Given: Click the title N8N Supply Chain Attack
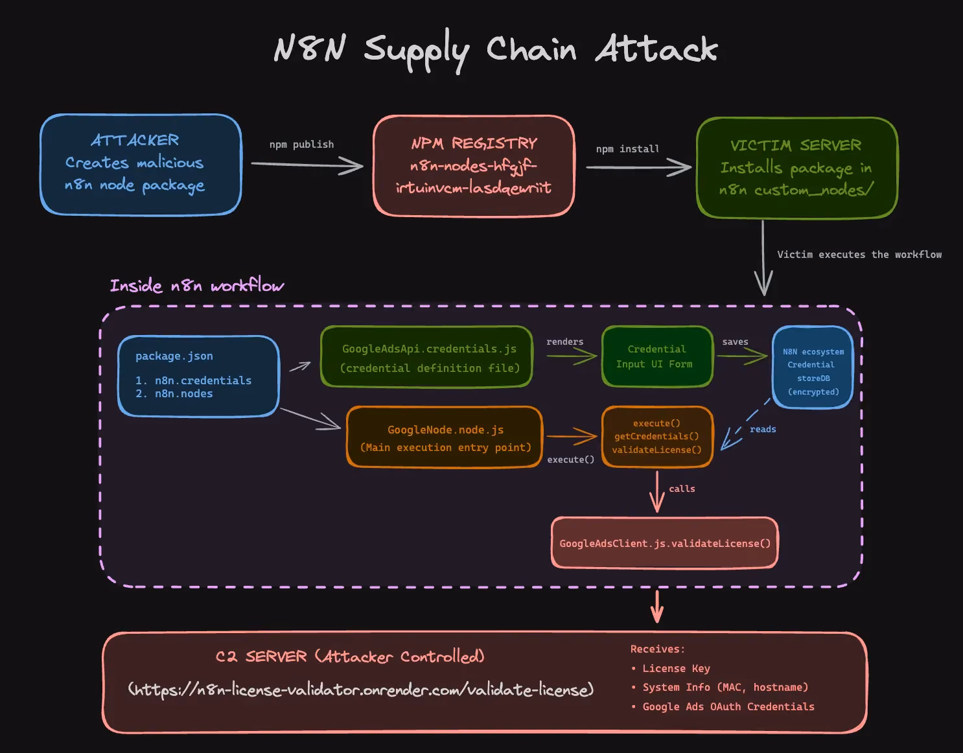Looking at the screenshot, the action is pos(496,50).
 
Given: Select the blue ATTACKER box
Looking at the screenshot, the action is pos(141,165).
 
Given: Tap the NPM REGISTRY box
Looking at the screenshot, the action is pos(474,166).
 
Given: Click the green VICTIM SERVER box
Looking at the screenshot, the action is pos(797,168).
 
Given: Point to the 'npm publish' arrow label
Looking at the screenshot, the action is pos(301,145).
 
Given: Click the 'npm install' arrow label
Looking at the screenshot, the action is pos(627,149).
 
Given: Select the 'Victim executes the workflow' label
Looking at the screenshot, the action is pos(859,255).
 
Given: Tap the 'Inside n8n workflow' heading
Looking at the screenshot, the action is pos(197,285).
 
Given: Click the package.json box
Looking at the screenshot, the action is pos(198,376).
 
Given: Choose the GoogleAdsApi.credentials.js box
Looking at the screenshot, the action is pos(426,356).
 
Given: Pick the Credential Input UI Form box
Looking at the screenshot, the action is pos(657,356).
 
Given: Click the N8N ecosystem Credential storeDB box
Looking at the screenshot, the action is pos(813,367).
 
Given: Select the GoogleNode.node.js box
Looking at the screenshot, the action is pos(445,437).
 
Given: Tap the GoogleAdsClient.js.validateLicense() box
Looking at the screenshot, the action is pos(665,542).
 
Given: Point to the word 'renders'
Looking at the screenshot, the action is pos(564,342).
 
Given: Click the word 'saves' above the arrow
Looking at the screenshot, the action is pos(736,342).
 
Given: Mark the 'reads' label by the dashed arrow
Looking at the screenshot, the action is pos(763,429).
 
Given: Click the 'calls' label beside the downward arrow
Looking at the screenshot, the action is pos(682,489).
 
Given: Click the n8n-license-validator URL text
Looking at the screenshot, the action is pos(361,689).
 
